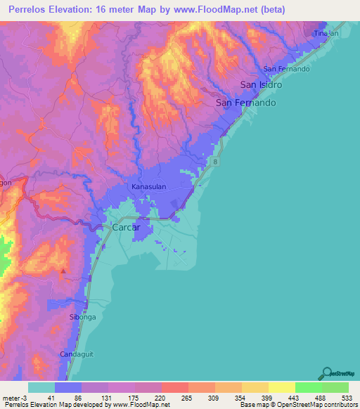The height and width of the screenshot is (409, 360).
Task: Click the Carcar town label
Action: (x=127, y=228)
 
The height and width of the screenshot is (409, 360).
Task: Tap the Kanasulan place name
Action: (x=148, y=187)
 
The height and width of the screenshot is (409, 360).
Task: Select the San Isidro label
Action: (x=261, y=85)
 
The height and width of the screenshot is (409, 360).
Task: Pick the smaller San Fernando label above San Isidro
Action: (x=286, y=69)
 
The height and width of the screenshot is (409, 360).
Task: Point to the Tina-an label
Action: (x=321, y=34)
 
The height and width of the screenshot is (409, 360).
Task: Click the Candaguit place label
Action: (x=76, y=353)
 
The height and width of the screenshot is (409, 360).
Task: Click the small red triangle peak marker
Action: (x=64, y=270)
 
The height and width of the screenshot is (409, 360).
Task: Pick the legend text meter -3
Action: (x=15, y=398)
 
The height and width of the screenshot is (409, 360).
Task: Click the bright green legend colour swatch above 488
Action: (x=309, y=387)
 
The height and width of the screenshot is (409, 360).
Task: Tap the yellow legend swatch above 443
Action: (x=282, y=387)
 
